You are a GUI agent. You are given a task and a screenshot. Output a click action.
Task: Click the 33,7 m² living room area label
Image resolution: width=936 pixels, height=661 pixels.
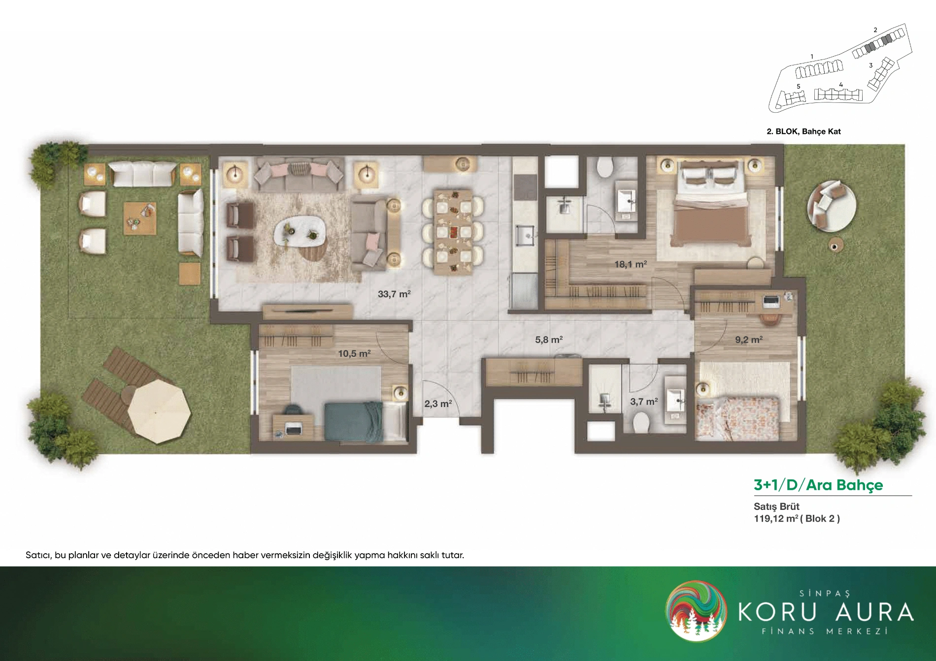[x=394, y=294]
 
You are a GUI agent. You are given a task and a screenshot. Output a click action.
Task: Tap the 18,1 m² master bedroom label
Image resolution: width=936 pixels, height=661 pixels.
[x=631, y=264]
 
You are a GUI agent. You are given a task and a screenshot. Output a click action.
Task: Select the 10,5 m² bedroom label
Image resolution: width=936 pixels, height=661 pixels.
[x=354, y=353]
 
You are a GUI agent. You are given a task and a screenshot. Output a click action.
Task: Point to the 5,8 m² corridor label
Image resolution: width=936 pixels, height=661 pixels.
[x=549, y=340]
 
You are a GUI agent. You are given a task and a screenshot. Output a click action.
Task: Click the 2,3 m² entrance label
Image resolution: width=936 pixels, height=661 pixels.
[x=438, y=404]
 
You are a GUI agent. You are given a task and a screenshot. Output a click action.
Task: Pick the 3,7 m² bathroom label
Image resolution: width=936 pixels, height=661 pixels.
[x=644, y=402]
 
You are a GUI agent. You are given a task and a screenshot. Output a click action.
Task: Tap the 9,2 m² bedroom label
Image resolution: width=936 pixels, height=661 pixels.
[x=749, y=340]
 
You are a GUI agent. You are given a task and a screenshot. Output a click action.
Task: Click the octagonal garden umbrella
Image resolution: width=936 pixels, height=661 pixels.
[x=159, y=411]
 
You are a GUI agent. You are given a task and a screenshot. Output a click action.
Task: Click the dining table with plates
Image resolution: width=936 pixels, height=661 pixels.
[x=453, y=231]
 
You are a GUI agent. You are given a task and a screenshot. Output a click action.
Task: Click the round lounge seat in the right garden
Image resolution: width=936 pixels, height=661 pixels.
[x=831, y=206]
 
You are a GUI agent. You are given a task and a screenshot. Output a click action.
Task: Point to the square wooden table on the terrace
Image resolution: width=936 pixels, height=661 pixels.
[x=140, y=218]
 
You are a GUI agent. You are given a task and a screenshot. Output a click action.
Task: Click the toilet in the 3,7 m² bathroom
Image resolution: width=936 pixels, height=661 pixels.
[x=640, y=422]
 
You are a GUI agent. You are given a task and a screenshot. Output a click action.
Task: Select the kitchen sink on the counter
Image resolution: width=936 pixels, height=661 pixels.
[x=525, y=235]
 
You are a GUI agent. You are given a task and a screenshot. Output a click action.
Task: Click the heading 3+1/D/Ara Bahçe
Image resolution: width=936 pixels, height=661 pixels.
[x=818, y=485]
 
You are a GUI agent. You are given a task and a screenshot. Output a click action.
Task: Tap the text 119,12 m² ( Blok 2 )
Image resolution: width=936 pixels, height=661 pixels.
[x=797, y=518]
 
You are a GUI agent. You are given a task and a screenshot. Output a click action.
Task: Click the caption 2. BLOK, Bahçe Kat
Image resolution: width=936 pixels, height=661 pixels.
[x=803, y=131]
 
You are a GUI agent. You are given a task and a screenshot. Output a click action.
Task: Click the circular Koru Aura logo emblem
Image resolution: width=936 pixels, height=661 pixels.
[x=696, y=611]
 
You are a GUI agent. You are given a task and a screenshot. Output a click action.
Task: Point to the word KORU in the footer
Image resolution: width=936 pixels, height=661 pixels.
[x=777, y=612]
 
